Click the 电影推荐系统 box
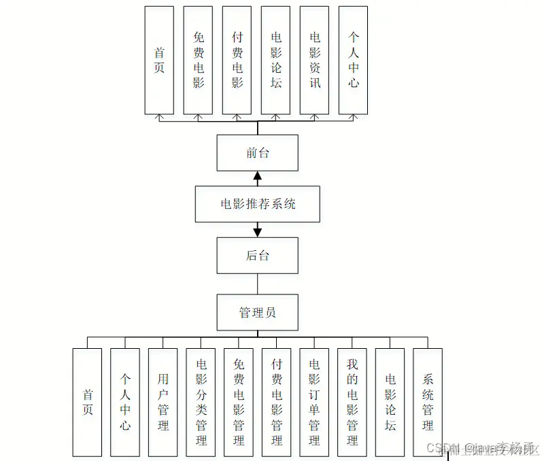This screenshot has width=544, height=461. click(x=257, y=203)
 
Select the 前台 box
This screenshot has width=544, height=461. click(x=257, y=153)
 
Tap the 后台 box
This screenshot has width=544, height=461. click(x=257, y=255)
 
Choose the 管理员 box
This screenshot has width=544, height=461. click(x=257, y=312)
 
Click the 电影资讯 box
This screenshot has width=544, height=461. click(x=315, y=60)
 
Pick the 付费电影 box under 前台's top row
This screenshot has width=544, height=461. click(x=237, y=60)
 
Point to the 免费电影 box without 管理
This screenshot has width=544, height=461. click(x=198, y=60)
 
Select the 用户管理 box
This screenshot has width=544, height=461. click(x=163, y=402)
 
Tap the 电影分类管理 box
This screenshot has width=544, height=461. click(x=201, y=402)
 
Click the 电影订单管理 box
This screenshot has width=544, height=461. click(x=314, y=402)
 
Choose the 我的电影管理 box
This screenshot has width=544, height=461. click(x=352, y=402)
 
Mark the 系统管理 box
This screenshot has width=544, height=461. click(x=428, y=402)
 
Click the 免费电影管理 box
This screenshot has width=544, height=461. click(x=239, y=402)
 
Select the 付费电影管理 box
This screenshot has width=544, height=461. click(x=276, y=402)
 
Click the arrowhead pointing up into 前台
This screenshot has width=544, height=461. click(x=257, y=175)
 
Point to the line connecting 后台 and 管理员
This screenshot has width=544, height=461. click(x=257, y=284)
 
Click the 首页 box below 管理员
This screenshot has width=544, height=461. click(x=87, y=402)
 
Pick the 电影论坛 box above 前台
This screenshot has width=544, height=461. click(x=276, y=60)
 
